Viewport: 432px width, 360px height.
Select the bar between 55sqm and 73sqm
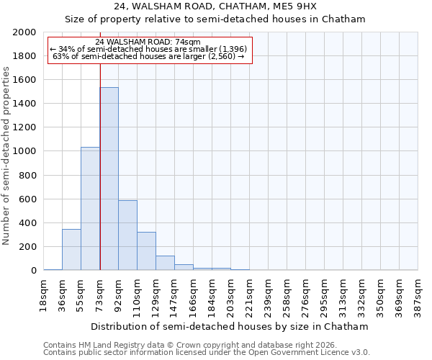90,209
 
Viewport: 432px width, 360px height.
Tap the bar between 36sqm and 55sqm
71,249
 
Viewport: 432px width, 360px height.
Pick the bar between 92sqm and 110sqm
127,235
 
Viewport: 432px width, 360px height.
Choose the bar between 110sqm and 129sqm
146,251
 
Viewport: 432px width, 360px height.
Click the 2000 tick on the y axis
25,32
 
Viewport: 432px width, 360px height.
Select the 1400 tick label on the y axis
25,104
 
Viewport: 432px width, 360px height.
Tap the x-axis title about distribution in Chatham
230,326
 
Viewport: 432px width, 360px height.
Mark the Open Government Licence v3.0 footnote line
206,353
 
